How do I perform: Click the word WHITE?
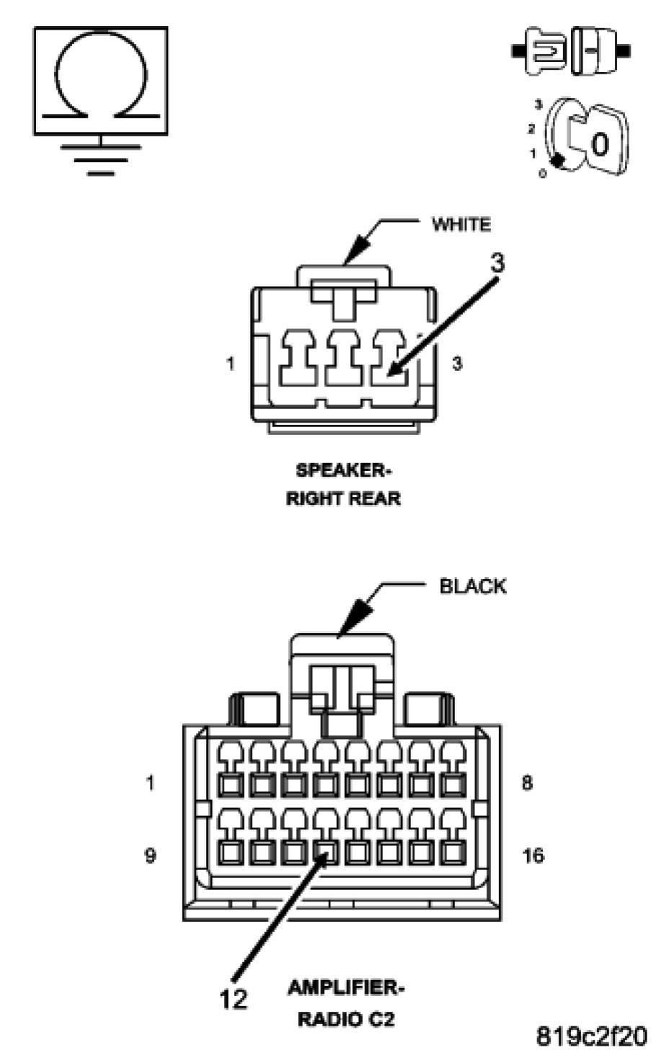[461, 224]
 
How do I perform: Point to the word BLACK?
[473, 586]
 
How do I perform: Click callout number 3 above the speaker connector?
[497, 264]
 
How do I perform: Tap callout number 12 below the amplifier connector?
[233, 999]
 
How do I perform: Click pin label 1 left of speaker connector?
[230, 364]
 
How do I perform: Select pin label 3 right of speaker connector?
[456, 364]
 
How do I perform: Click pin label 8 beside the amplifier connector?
[527, 783]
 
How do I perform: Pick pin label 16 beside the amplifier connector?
[533, 856]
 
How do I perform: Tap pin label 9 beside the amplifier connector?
[150, 857]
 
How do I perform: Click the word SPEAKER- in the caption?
[343, 470]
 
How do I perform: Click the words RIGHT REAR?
[343, 498]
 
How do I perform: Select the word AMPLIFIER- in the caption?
[346, 987]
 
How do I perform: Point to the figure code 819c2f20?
[592, 1036]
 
